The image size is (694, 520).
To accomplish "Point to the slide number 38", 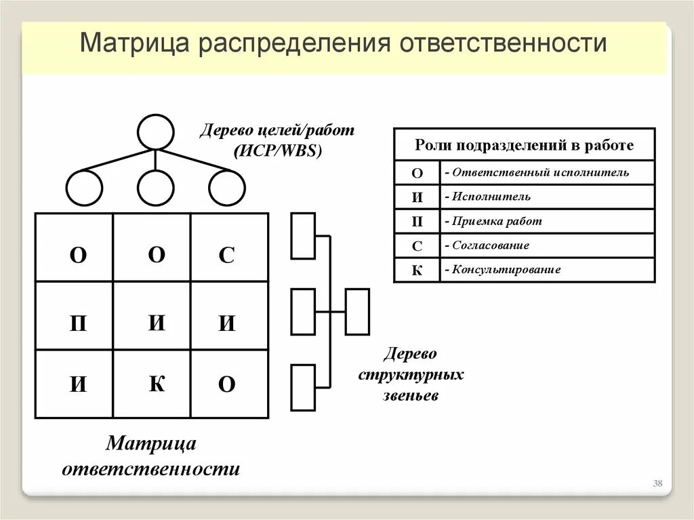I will [657, 483].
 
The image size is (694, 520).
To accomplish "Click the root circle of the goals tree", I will [155, 132].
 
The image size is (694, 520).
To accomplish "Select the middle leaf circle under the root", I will [155, 188].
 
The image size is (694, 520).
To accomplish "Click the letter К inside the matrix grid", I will [157, 384].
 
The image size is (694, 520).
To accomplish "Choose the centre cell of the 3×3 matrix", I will [152, 315].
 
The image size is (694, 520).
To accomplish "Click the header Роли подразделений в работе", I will [524, 145].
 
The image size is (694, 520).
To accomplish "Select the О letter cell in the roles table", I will [417, 173].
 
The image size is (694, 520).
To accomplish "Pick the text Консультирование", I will [506, 269].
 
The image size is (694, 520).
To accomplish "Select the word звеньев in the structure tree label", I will [410, 395].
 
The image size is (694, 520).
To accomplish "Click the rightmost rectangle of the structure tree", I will [357, 312].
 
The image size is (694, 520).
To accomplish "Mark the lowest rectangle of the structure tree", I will [303, 387].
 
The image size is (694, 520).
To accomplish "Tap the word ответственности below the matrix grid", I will [150, 468].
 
